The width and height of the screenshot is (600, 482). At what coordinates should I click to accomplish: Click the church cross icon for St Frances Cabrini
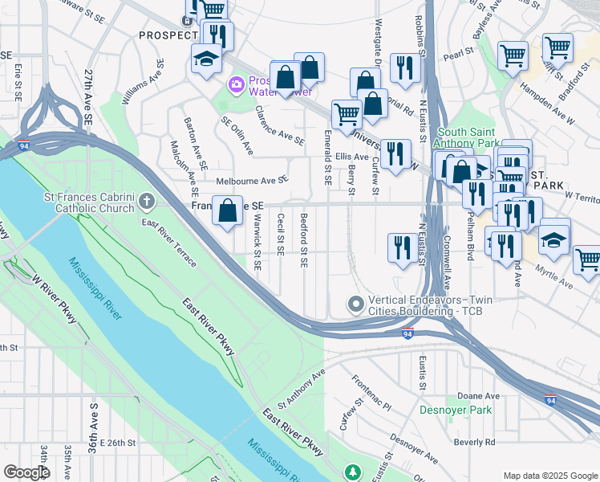click(x=146, y=199)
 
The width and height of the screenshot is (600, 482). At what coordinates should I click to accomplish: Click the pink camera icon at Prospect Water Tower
click(x=236, y=84)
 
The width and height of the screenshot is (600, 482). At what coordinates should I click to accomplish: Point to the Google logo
click(x=26, y=472)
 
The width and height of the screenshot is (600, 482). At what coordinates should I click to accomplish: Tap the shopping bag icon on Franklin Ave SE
click(x=229, y=211)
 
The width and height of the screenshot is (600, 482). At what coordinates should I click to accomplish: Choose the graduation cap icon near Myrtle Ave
click(x=553, y=238)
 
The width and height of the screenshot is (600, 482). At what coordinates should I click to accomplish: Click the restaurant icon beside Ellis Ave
click(x=394, y=154)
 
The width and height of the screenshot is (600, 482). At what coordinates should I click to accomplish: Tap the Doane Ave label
click(x=478, y=396)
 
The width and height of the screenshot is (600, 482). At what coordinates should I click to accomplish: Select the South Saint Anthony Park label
click(x=466, y=137)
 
